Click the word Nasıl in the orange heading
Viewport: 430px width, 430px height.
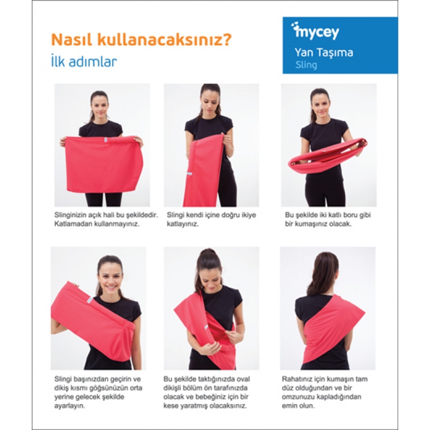(x=71, y=39)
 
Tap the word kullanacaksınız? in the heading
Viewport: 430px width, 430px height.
(x=164, y=39)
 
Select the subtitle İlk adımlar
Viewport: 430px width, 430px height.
(x=84, y=61)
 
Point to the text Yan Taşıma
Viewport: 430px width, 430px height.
(x=324, y=52)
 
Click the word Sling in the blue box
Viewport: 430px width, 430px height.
(x=306, y=65)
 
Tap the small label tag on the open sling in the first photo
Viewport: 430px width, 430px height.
(x=105, y=140)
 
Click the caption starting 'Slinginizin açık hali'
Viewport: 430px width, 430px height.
(x=106, y=219)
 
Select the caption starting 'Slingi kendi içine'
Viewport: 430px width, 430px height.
(x=211, y=219)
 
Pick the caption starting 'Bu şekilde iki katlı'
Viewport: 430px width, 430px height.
(x=328, y=219)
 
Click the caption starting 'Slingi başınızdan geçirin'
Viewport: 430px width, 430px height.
(x=98, y=392)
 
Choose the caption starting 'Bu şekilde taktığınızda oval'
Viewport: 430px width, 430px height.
(x=206, y=392)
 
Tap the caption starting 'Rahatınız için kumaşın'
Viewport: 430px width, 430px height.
(x=325, y=392)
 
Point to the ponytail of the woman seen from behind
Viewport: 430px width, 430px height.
(x=324, y=277)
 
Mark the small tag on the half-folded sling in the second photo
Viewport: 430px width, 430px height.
(x=190, y=174)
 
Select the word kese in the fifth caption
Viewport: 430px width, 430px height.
(x=171, y=406)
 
